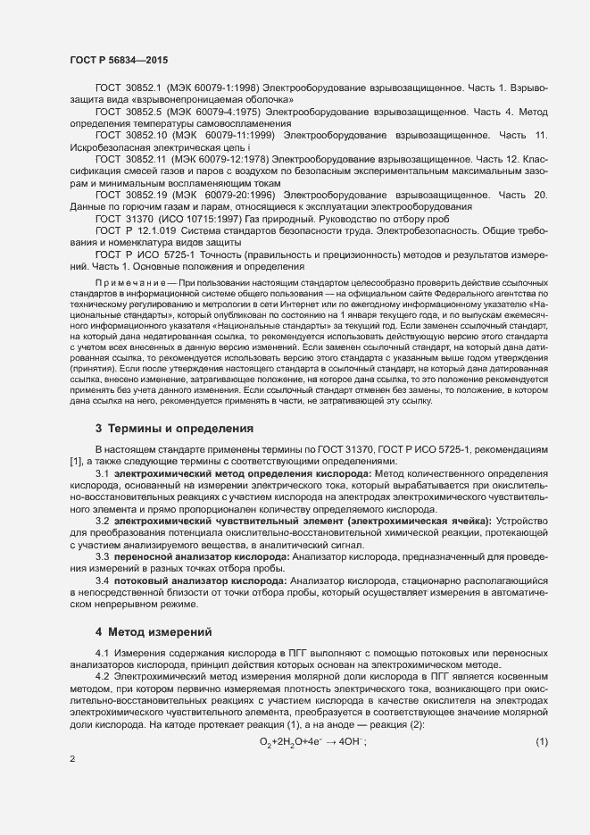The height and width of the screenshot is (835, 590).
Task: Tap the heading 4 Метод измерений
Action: coord(154,632)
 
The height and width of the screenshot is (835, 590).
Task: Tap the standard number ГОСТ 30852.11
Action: coord(130,157)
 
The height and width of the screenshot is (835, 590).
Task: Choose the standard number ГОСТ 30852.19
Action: coord(130,195)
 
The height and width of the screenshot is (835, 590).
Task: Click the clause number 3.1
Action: coord(103,472)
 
